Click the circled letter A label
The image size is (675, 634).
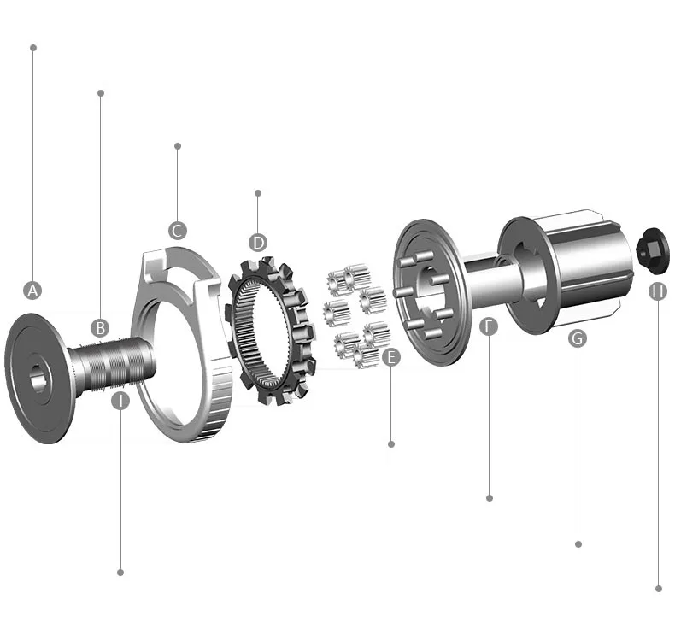click(32, 291)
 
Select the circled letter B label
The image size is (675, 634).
click(100, 328)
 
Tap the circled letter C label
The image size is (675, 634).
click(178, 231)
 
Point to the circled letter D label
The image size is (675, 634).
click(258, 243)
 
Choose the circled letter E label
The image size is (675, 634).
click(390, 358)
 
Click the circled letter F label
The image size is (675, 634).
click(489, 326)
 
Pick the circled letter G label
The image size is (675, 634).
click(578, 338)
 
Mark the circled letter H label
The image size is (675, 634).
click(658, 291)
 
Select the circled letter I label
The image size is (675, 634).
click(120, 401)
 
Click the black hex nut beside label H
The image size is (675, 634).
click(653, 250)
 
